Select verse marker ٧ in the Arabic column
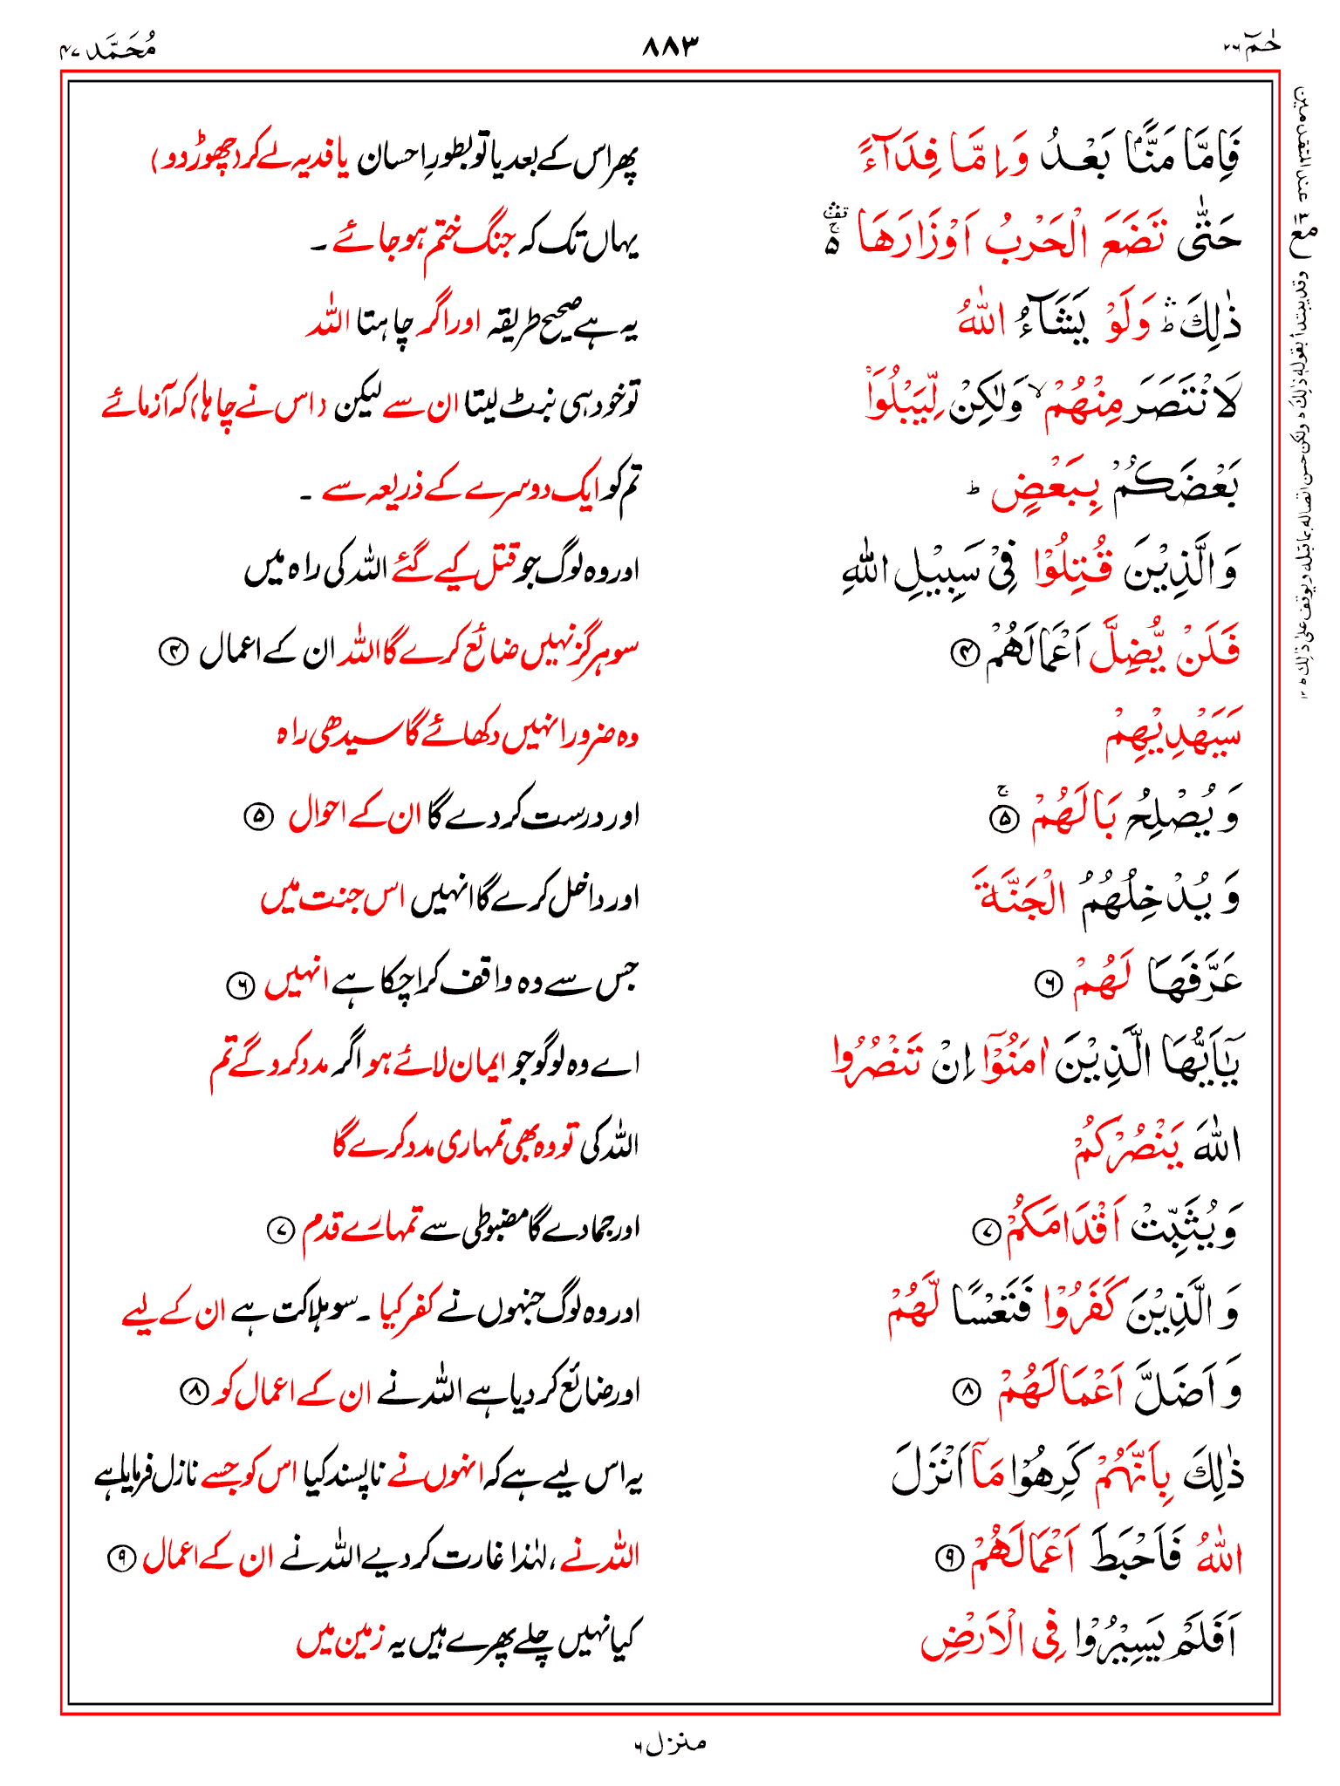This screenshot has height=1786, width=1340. coord(982,1230)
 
